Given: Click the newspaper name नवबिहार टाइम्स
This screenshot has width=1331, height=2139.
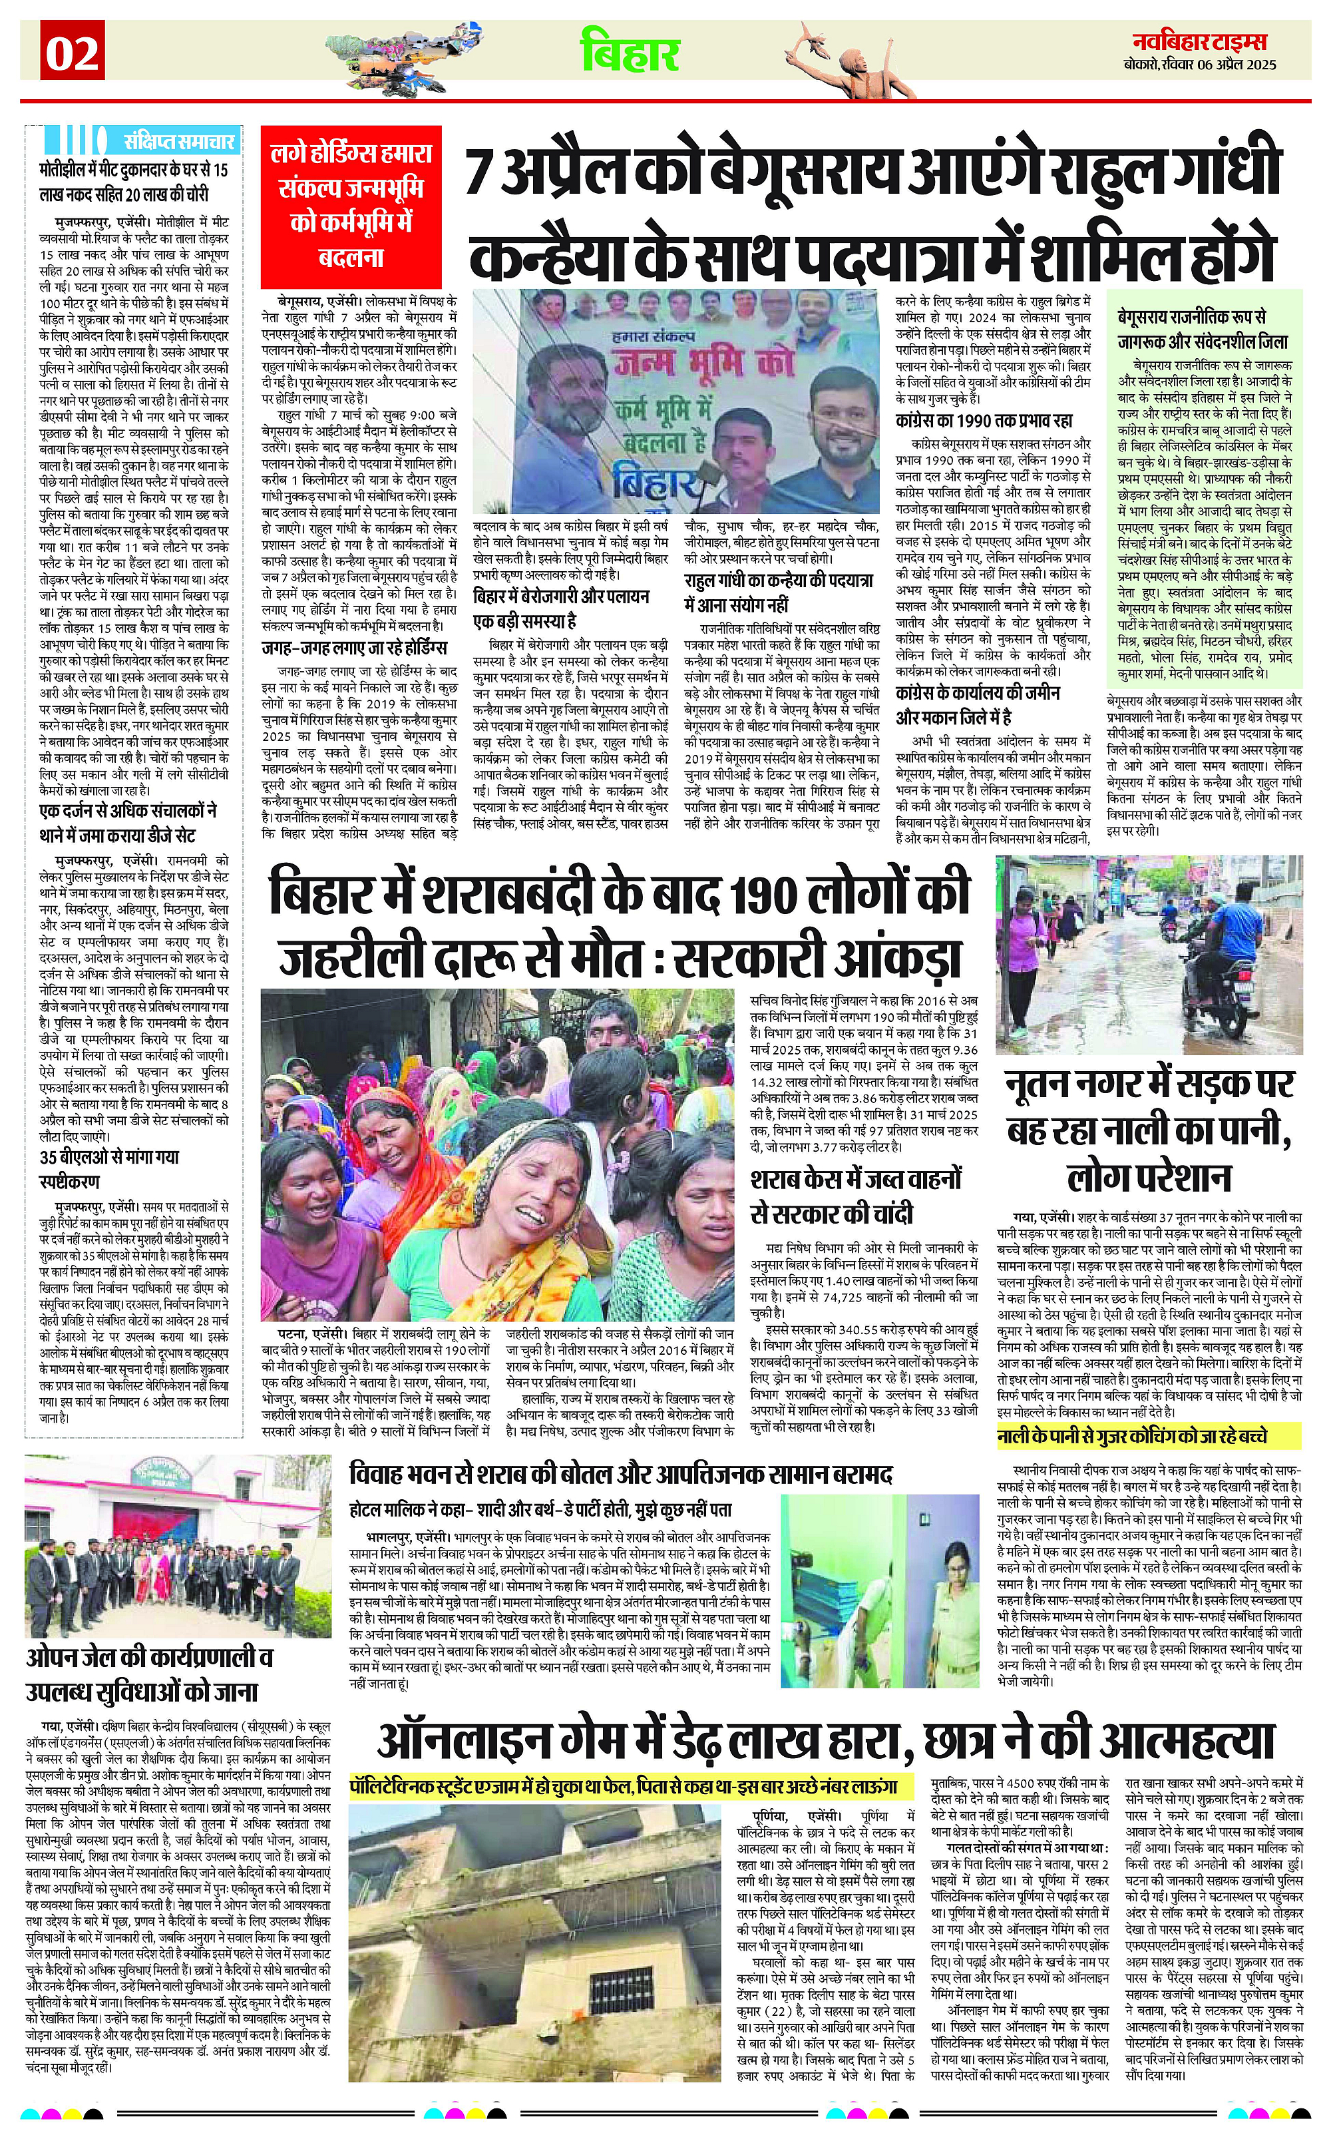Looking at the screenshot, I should tap(1200, 42).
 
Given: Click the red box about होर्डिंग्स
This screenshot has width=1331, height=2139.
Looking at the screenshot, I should tap(351, 205).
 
